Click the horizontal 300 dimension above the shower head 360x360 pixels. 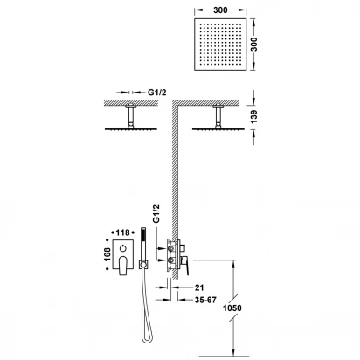[220, 10]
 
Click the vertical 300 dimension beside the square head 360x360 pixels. [254, 44]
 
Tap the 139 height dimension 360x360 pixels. [254, 116]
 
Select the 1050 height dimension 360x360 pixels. [232, 308]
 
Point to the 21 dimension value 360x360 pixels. [199, 287]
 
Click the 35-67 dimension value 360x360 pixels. [205, 300]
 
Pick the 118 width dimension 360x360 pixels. [122, 232]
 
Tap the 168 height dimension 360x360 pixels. [107, 254]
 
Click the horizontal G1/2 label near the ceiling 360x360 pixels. [156, 93]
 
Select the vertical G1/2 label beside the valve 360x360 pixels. [156, 213]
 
